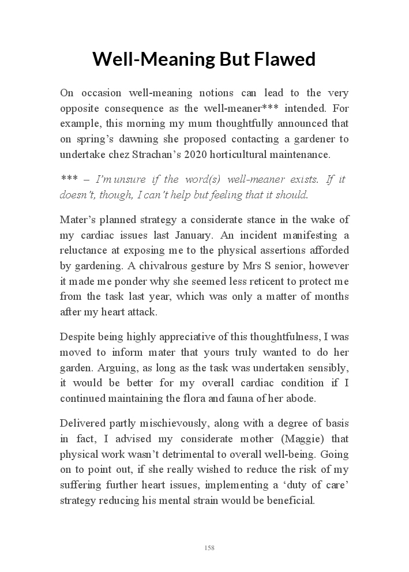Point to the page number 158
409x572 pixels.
pos(209,547)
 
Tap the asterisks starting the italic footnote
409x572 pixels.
pos(69,179)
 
